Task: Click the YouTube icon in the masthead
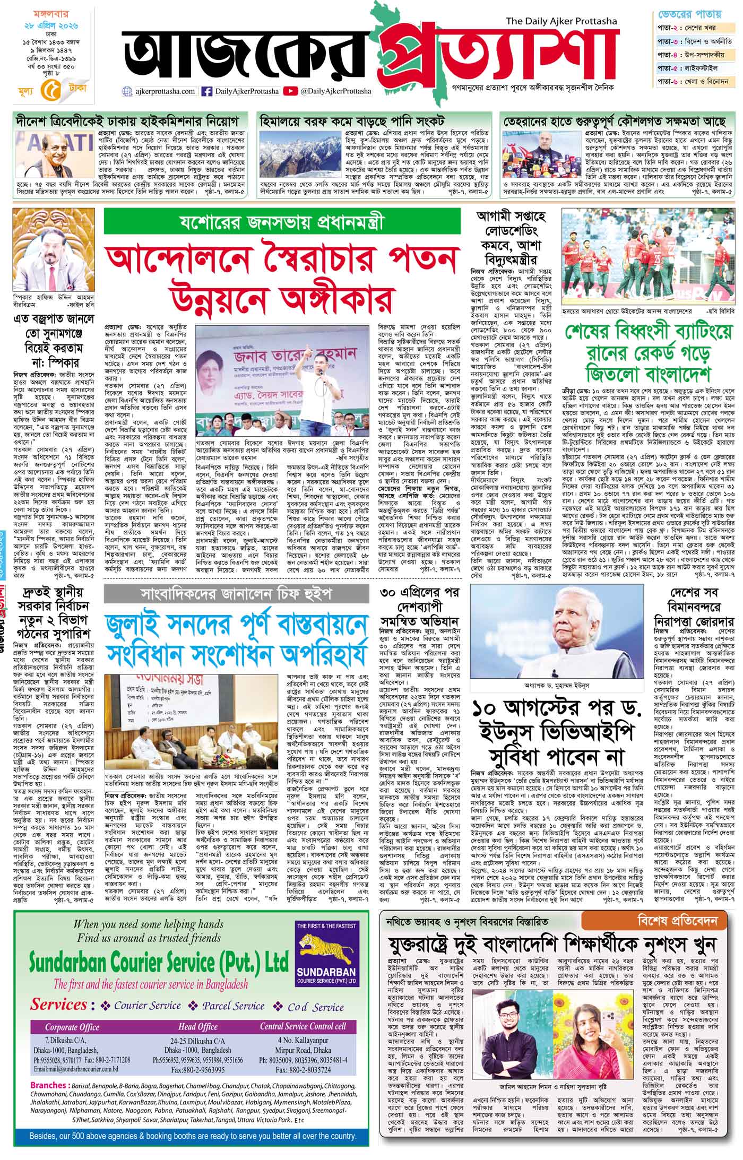[290, 91]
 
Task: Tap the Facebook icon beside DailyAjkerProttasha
[207, 91]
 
